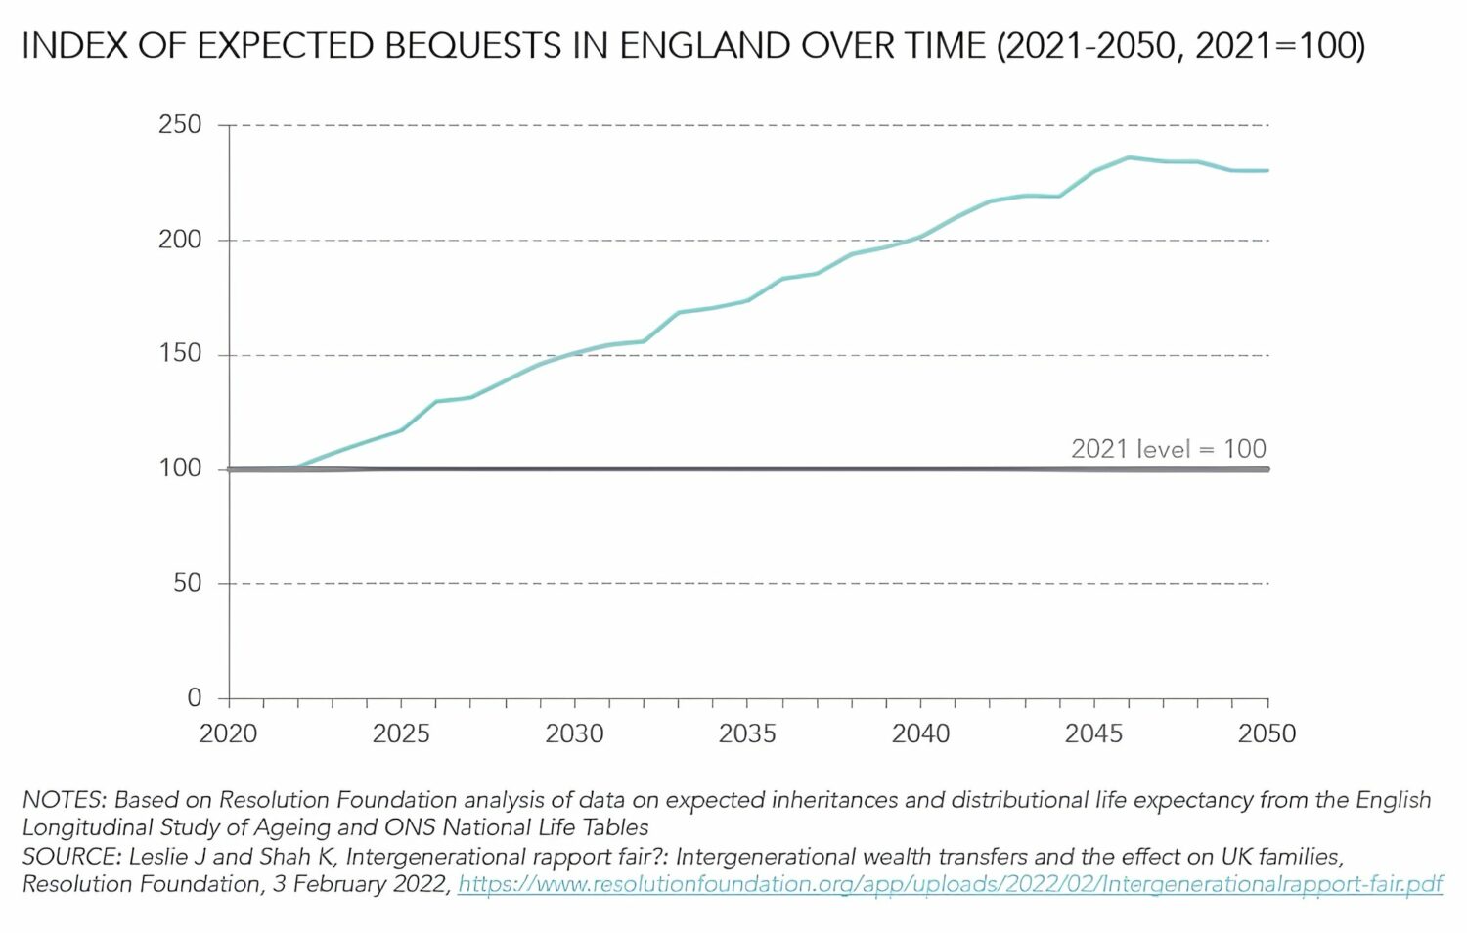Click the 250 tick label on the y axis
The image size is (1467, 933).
(x=180, y=125)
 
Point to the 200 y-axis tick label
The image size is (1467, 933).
(x=180, y=240)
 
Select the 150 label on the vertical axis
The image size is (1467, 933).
(x=180, y=354)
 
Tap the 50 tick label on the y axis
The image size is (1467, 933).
(x=187, y=583)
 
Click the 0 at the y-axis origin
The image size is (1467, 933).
(x=195, y=697)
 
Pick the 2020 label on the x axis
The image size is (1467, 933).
(x=228, y=733)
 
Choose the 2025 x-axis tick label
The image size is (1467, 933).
(x=401, y=733)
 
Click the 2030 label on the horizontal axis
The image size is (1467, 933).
(x=574, y=733)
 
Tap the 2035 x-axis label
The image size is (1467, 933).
(x=747, y=733)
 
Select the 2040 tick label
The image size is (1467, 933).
(x=920, y=733)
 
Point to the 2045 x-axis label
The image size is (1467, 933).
(x=1093, y=733)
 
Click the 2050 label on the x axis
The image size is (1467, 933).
(x=1267, y=733)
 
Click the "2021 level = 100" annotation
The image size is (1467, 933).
(x=1168, y=449)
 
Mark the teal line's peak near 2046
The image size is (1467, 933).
(x=1130, y=157)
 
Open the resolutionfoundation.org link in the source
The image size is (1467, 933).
(x=950, y=884)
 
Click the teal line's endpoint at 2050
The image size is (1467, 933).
(x=1267, y=171)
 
